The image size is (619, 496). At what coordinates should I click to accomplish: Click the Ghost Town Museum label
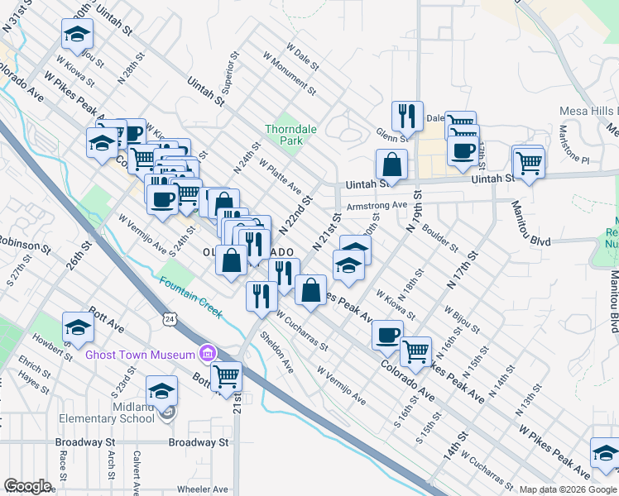pos(140,355)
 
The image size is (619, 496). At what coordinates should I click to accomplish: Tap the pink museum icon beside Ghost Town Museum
pos(206,354)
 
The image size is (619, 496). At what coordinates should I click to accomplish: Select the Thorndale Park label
pos(284,135)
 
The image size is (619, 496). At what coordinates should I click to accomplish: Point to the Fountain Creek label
pos(191,297)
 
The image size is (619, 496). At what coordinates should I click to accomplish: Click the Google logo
pos(27,486)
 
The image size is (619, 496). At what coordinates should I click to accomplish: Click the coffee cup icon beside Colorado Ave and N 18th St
pos(386,335)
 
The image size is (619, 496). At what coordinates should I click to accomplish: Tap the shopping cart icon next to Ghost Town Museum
pos(226,376)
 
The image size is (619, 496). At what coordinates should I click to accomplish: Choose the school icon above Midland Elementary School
pos(161,389)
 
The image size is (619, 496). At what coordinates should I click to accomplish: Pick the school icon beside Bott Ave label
pos(78,327)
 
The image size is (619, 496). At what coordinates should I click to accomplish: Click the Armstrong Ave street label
pos(377,205)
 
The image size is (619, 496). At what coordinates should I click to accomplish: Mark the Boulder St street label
pos(439,236)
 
